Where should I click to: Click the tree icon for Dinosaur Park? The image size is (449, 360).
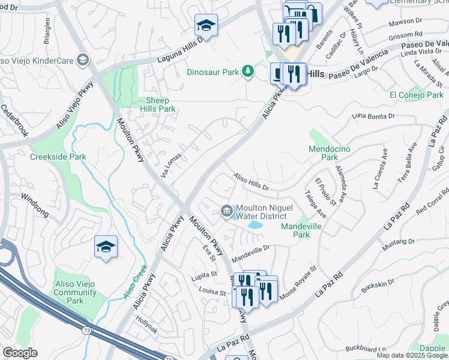coord(247,72)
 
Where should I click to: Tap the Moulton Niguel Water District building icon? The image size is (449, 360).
coord(226,210)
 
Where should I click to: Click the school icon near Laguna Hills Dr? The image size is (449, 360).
coord(206,26)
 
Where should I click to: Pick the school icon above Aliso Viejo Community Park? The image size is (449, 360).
coord(106,247)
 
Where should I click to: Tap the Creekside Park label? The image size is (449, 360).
coord(58,157)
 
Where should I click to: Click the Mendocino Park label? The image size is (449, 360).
coord(330,153)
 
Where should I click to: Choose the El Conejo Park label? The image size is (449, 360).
coord(416,95)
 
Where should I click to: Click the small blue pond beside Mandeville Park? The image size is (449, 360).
coord(255,225)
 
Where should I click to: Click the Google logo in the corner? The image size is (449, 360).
coord(20,353)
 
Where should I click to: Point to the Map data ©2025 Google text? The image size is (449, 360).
coord(412,355)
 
